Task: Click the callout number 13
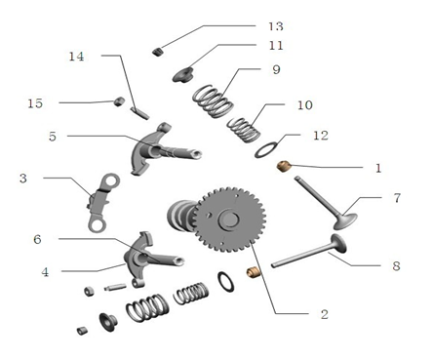(276, 26)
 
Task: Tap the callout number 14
(76, 57)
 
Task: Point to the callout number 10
(305, 104)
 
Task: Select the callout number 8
(396, 266)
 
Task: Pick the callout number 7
(397, 198)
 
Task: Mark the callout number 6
(37, 239)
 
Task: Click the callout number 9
(276, 69)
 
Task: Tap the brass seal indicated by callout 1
(284, 167)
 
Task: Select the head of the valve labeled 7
(345, 220)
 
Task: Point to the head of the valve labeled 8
(338, 243)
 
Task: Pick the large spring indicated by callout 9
(213, 100)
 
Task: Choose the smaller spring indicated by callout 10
(244, 130)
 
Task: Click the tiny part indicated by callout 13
(157, 52)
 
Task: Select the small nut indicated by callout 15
(119, 101)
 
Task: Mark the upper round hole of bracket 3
(112, 181)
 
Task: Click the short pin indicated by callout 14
(139, 112)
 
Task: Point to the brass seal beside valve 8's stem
(253, 272)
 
